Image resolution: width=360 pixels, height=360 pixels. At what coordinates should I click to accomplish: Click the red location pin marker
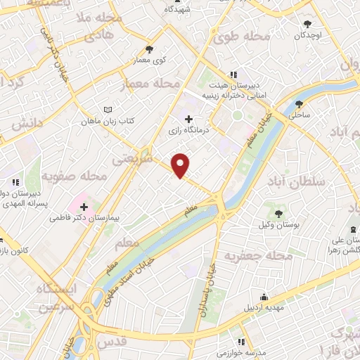point(181,166)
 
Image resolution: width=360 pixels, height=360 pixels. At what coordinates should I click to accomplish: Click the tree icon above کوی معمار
point(149,49)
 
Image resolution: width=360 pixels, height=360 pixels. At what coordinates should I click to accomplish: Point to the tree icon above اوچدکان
point(307,22)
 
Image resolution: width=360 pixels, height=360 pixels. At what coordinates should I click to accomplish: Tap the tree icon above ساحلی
point(299,103)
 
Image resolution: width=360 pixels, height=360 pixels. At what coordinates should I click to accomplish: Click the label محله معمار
point(148,84)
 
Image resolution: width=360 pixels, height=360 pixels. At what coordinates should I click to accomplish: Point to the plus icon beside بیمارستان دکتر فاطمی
point(84,207)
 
